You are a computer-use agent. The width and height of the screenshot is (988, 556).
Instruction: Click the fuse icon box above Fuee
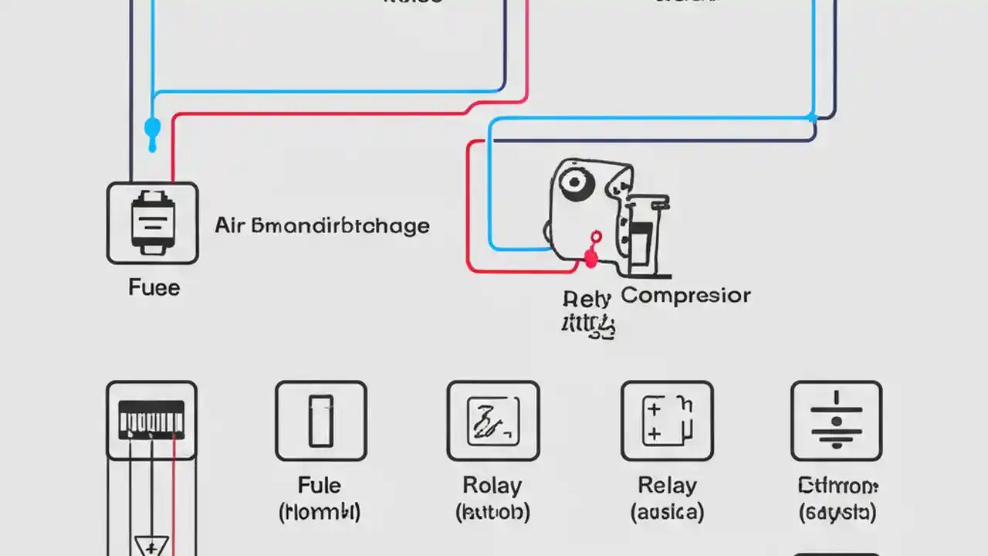pyautogui.click(x=152, y=223)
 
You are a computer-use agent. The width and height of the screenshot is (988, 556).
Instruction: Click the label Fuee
pyautogui.click(x=154, y=288)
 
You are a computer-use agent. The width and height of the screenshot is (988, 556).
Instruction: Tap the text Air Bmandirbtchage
pyautogui.click(x=322, y=225)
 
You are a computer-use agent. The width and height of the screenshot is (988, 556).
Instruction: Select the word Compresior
pyautogui.click(x=685, y=295)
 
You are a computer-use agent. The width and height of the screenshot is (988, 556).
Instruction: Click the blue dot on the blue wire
pyautogui.click(x=153, y=127)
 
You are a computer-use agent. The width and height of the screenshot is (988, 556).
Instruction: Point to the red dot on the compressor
pyautogui.click(x=592, y=259)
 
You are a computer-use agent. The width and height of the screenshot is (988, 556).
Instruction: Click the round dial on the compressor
pyautogui.click(x=576, y=182)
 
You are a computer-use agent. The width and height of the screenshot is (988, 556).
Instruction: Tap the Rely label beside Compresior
pyautogui.click(x=587, y=298)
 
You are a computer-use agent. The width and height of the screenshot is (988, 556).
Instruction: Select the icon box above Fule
pyautogui.click(x=320, y=421)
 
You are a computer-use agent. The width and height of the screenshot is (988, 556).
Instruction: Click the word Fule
pyautogui.click(x=320, y=486)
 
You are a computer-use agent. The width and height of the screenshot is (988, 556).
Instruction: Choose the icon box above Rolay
pyautogui.click(x=492, y=421)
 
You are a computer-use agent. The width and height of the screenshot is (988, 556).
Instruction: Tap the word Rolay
pyautogui.click(x=492, y=486)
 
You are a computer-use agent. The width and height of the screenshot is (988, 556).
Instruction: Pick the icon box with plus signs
pyautogui.click(x=667, y=421)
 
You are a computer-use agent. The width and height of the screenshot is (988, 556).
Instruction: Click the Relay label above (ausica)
pyautogui.click(x=667, y=486)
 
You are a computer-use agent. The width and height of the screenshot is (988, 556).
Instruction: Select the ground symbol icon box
pyautogui.click(x=836, y=421)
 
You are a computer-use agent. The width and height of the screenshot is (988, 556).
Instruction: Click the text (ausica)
pyautogui.click(x=667, y=511)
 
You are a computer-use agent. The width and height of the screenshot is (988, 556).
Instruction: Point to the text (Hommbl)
pyautogui.click(x=320, y=511)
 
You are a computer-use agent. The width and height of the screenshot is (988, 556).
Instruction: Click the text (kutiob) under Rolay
pyautogui.click(x=492, y=511)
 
